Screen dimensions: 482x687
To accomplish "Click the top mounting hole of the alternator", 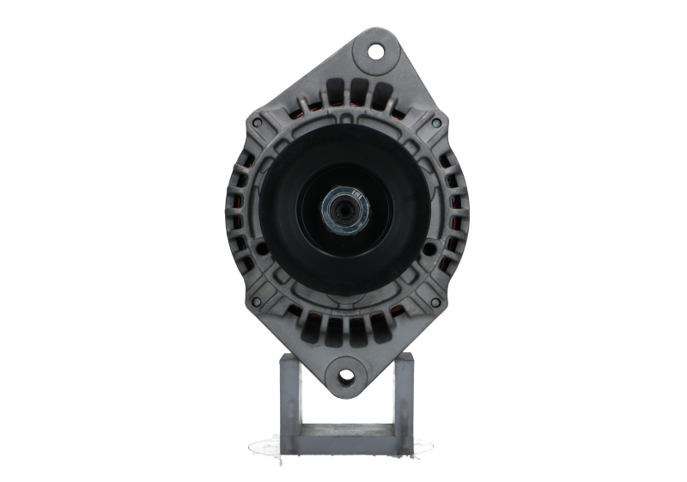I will (x=375, y=49).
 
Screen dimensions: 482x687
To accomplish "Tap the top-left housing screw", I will (x=256, y=124).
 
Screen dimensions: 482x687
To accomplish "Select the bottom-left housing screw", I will (x=255, y=302).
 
